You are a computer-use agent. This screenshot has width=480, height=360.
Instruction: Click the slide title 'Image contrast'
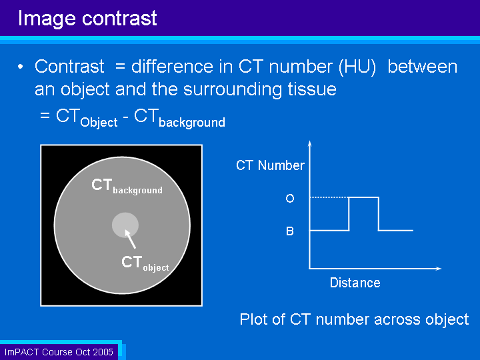[87, 19]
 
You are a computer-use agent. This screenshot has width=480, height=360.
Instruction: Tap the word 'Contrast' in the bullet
[69, 67]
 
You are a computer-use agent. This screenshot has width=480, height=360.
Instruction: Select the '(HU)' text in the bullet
[357, 67]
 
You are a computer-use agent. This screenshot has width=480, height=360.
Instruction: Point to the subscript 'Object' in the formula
[99, 123]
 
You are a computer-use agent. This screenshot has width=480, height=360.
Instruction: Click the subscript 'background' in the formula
[192, 123]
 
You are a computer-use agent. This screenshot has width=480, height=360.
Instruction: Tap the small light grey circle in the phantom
[125, 225]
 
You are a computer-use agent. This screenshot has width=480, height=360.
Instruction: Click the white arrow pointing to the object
[130, 239]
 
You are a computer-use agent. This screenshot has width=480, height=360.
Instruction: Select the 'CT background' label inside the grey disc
[127, 186]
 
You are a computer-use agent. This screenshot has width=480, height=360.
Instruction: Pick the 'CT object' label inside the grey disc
[145, 263]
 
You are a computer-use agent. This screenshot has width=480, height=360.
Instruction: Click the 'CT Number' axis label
[270, 165]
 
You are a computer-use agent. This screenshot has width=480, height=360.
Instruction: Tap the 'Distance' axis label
[355, 283]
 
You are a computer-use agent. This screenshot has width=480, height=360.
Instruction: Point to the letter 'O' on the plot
[290, 199]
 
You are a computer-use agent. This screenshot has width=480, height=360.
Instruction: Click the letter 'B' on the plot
[290, 231]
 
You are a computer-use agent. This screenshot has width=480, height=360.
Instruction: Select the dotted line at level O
[329, 197]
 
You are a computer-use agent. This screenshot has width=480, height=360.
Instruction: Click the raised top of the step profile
[364, 197]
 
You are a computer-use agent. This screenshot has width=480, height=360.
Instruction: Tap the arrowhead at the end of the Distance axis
[439, 269]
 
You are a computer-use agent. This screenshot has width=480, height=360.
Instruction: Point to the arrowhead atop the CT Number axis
[310, 143]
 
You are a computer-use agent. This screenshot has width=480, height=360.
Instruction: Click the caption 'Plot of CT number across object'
[354, 319]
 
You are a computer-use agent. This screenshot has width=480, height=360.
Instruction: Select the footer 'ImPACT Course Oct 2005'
[59, 352]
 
